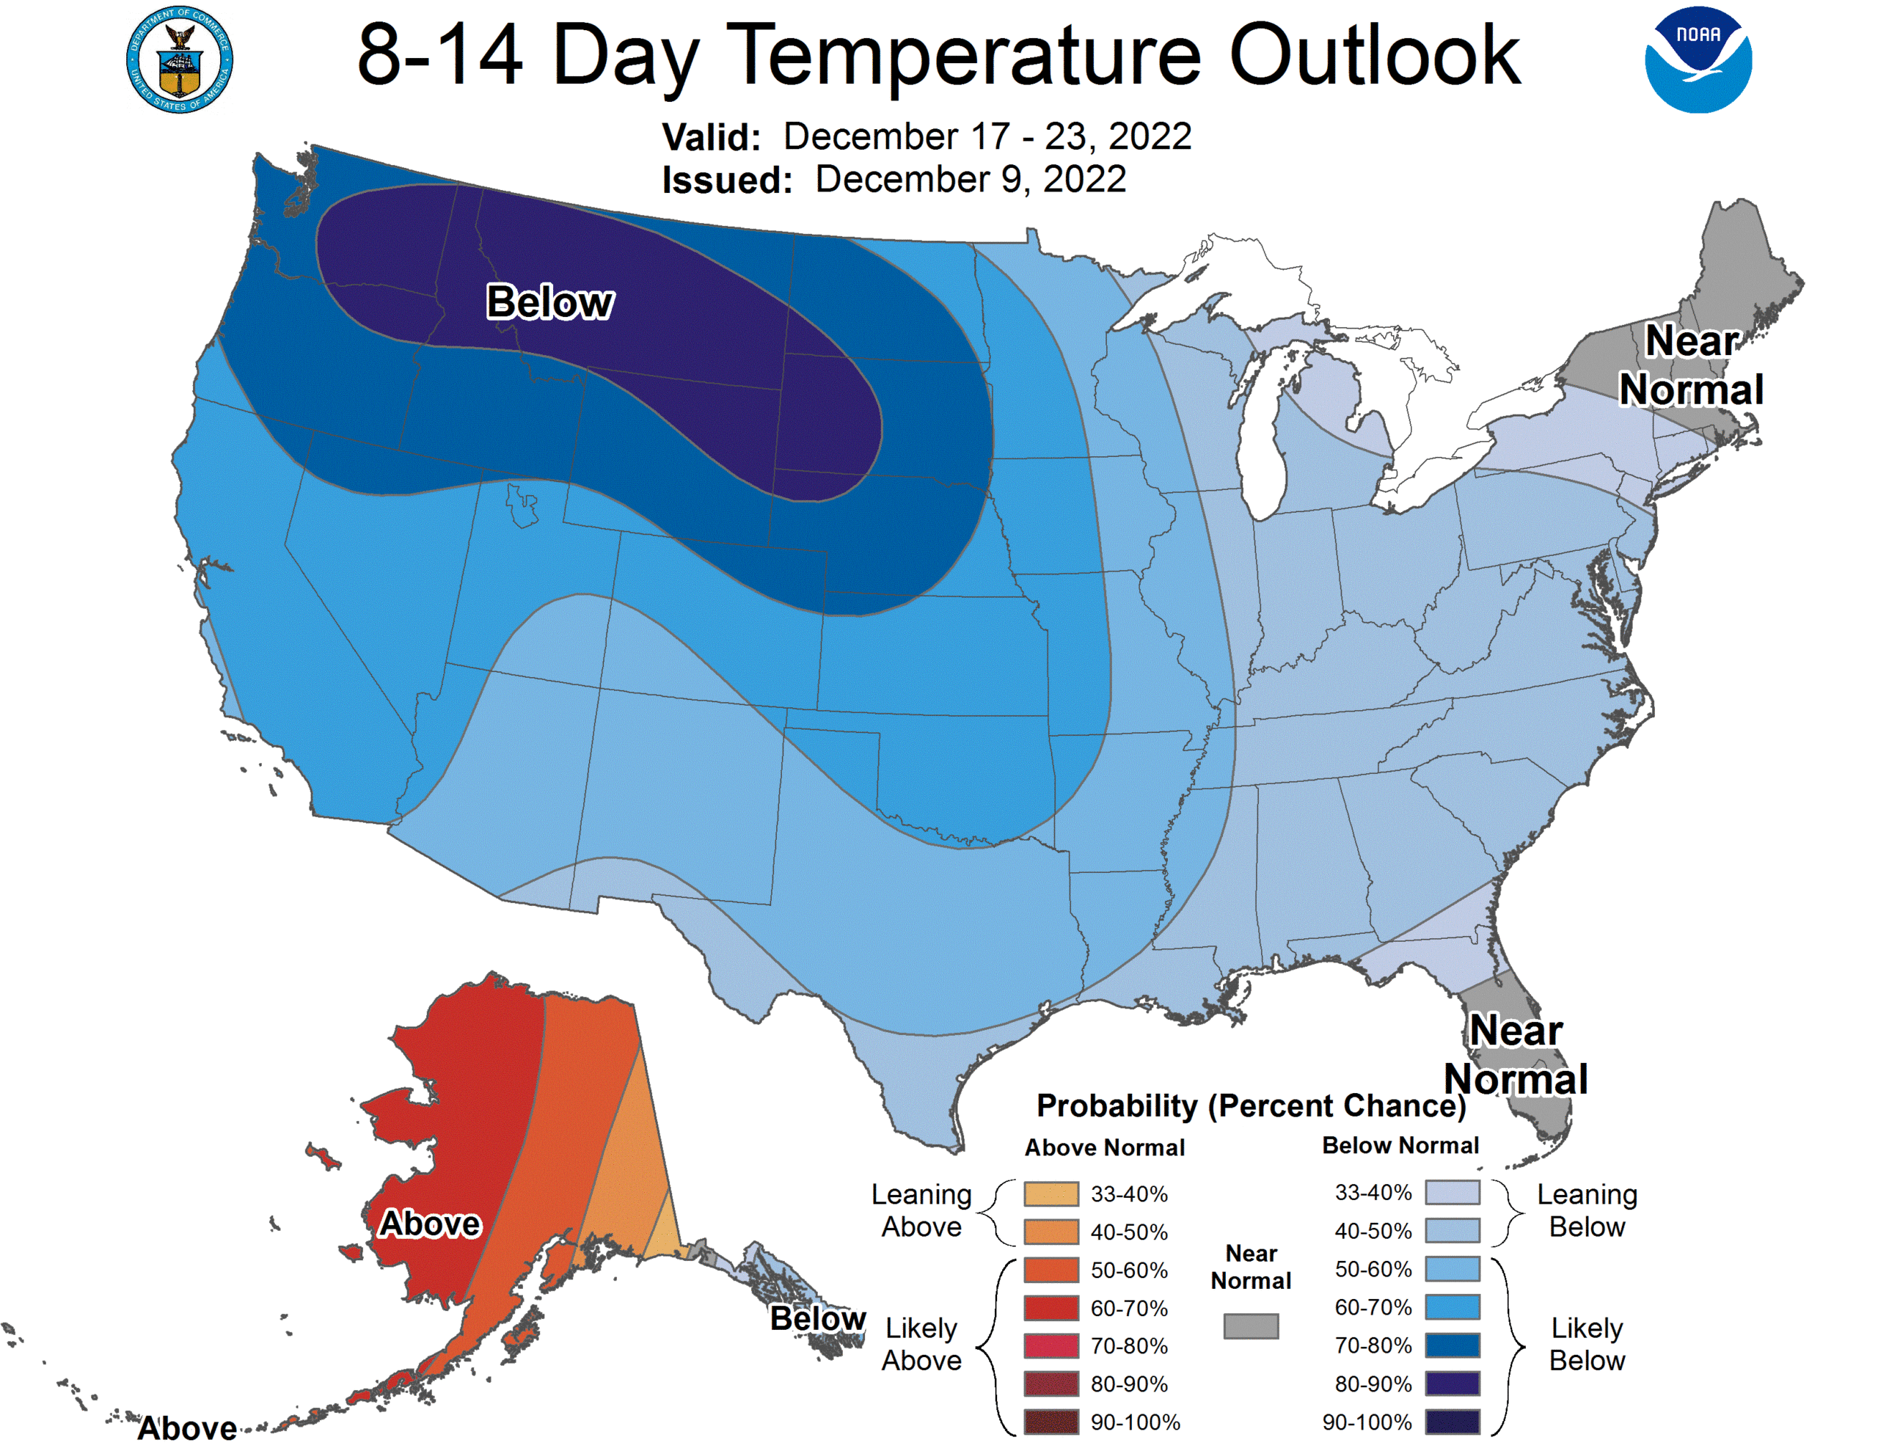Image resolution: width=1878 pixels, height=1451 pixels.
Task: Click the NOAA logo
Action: (x=1698, y=59)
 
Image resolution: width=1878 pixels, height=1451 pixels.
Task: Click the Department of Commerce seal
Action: (x=179, y=60)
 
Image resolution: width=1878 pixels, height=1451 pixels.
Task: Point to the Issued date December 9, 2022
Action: (x=970, y=180)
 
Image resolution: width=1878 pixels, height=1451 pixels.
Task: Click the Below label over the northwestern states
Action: (x=549, y=302)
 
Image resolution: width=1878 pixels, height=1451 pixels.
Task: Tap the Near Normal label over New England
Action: (x=1690, y=365)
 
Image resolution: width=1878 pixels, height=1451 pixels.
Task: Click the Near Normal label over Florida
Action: (x=1515, y=1054)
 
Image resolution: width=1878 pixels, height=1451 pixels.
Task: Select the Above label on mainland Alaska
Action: (x=430, y=1223)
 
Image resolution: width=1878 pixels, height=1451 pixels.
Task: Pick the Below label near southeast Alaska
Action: (x=817, y=1317)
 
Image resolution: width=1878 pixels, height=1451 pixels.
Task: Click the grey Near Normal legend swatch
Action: (x=1250, y=1326)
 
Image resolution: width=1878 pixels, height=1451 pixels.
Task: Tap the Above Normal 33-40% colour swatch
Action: (x=1051, y=1194)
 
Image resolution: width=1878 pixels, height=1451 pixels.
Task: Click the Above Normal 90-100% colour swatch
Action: (x=1051, y=1422)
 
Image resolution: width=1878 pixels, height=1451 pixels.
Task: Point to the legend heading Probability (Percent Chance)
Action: (x=1250, y=1105)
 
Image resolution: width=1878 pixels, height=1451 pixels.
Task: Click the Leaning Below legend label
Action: (x=1587, y=1210)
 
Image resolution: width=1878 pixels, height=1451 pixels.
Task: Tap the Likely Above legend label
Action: (x=921, y=1345)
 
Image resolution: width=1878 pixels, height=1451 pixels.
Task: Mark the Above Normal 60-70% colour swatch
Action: (x=1051, y=1307)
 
